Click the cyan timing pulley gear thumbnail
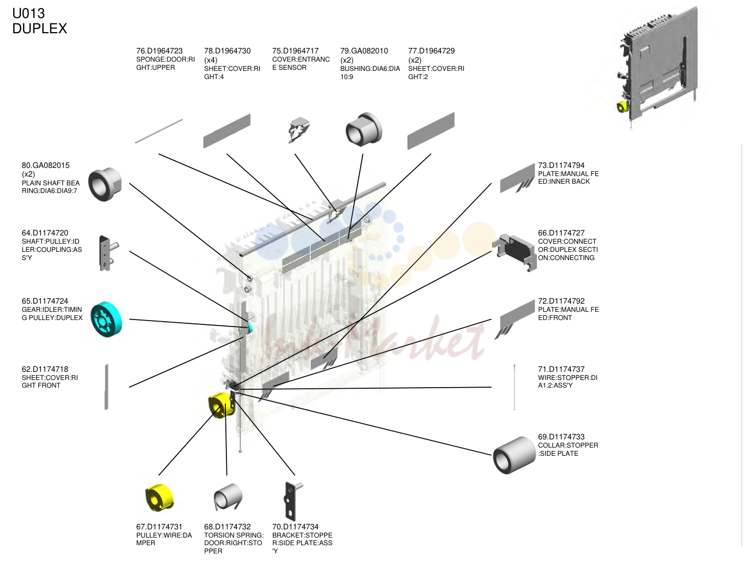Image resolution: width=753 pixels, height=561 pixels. (106, 319)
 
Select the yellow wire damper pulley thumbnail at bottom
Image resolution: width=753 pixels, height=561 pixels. (159, 497)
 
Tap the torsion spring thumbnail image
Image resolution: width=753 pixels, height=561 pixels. (228, 497)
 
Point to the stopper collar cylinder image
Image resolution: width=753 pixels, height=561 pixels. (514, 455)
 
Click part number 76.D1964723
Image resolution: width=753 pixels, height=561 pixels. (159, 51)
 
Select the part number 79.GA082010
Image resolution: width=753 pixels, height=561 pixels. (364, 51)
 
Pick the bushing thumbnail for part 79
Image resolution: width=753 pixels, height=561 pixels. (363, 129)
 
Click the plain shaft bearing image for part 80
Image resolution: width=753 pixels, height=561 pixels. (105, 184)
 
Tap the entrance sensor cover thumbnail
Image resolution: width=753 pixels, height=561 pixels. (299, 130)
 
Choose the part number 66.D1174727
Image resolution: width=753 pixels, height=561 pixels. (561, 233)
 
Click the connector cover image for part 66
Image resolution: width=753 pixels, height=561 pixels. (515, 252)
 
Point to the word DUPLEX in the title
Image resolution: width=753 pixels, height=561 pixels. (39, 28)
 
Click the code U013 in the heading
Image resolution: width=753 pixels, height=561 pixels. (28, 14)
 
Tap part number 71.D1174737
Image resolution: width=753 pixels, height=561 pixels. (561, 370)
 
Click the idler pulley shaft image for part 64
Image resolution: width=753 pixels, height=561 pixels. (108, 254)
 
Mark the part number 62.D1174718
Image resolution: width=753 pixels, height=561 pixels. (45, 370)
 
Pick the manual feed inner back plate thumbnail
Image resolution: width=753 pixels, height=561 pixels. (517, 179)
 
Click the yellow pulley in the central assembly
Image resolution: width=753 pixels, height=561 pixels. (222, 405)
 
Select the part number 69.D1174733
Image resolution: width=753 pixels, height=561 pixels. (561, 437)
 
